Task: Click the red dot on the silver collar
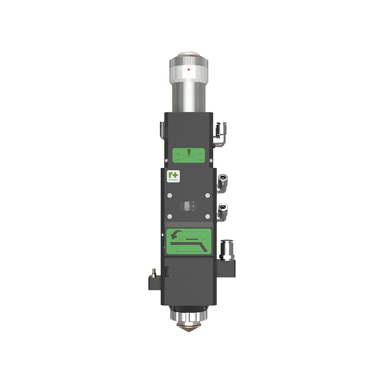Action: coord(189,69)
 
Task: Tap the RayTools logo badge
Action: coord(172,176)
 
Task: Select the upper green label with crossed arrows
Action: coord(189,155)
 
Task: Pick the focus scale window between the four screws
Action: coord(189,206)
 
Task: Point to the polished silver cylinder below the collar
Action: coord(189,96)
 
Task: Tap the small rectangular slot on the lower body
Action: coord(167,272)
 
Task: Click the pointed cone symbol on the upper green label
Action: coord(189,153)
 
